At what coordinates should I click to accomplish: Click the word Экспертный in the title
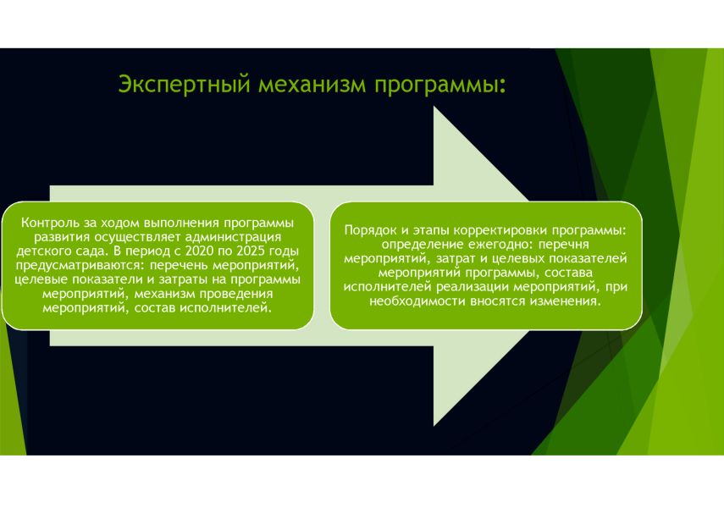(x=185, y=85)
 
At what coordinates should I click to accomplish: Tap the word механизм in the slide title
(x=312, y=85)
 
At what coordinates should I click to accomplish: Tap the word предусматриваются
(x=80, y=266)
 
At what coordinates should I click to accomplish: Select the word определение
(x=417, y=245)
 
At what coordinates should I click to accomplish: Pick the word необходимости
(x=417, y=301)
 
